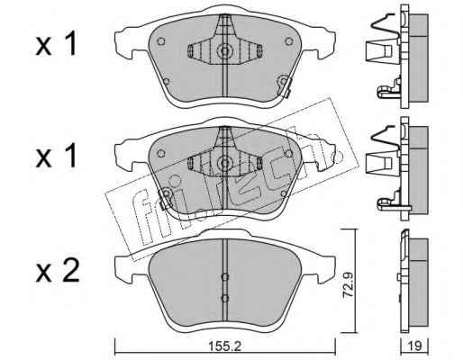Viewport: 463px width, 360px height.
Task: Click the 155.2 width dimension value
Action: (225, 346)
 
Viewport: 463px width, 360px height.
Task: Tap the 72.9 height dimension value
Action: (348, 285)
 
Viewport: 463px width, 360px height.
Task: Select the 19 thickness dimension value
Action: (415, 346)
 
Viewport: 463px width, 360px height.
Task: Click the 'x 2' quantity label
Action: (58, 271)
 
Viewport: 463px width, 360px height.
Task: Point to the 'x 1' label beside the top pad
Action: (57, 45)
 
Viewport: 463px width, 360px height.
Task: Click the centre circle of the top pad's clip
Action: (224, 50)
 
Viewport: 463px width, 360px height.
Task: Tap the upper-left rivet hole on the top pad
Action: (161, 41)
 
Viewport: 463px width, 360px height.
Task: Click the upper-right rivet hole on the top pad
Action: (289, 41)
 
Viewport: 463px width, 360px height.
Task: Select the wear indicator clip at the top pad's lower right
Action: (284, 85)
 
